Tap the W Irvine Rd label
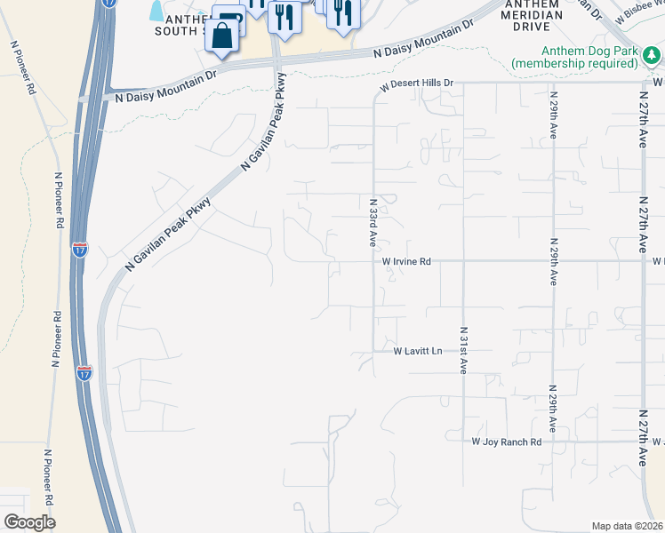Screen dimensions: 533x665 tap(406, 262)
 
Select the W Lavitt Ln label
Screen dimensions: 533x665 tap(418, 352)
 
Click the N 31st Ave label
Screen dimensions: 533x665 tap(463, 350)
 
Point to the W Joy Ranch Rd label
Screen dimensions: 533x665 tap(506, 442)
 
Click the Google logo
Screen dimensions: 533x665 tap(29, 522)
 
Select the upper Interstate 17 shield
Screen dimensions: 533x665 tap(81, 249)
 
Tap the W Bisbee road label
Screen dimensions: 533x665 tap(635, 13)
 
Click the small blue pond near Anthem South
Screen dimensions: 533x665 tap(157, 11)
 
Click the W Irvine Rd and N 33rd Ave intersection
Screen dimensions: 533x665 tap(374, 261)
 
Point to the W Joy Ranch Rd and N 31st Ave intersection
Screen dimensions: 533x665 tap(463, 442)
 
